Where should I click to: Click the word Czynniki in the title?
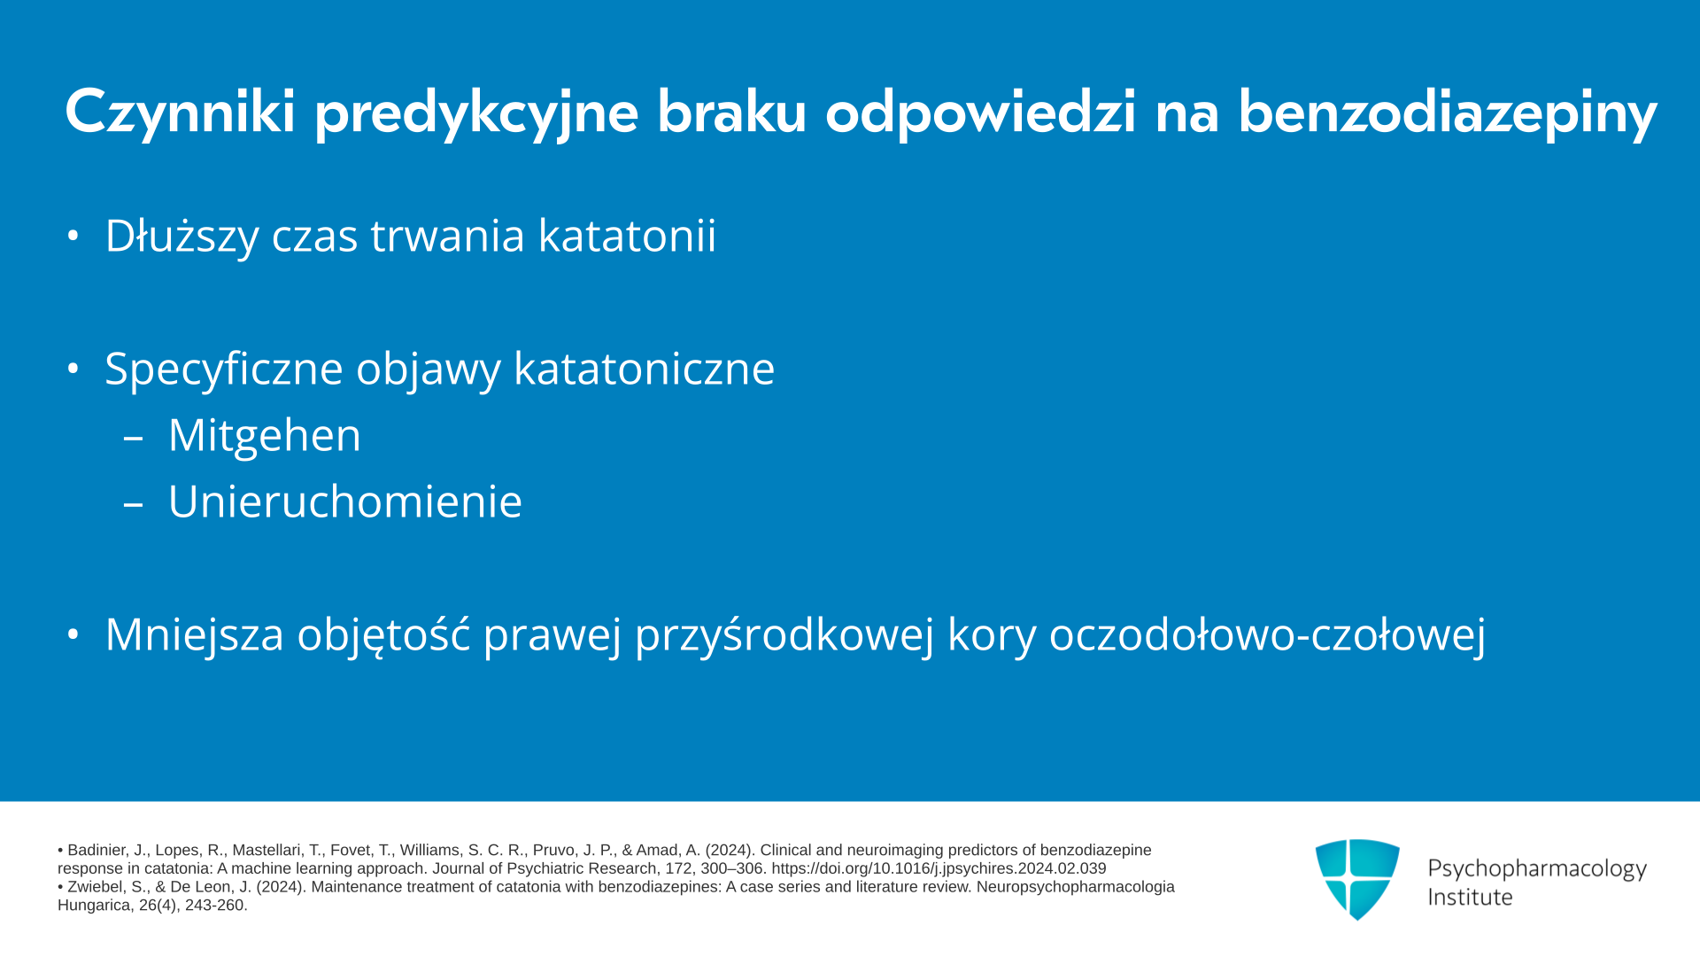click(x=180, y=113)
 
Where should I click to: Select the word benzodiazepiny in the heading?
click(x=1447, y=113)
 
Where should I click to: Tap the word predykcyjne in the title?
click(x=476, y=113)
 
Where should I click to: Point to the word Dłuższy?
click(x=182, y=236)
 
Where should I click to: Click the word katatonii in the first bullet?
click(x=627, y=236)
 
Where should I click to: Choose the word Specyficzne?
click(x=223, y=369)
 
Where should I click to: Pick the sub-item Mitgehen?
click(x=265, y=435)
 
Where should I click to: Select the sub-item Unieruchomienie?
click(x=345, y=502)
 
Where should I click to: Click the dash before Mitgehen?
click(x=134, y=438)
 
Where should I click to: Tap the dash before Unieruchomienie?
click(x=134, y=504)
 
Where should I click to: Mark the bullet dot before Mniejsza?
click(x=73, y=634)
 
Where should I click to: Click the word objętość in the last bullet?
click(x=383, y=634)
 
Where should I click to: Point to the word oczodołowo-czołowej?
click(x=1267, y=634)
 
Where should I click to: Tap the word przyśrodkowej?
click(x=784, y=634)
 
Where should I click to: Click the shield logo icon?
click(x=1357, y=879)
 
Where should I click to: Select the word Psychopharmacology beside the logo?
click(x=1537, y=869)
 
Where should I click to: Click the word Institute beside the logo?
click(x=1470, y=897)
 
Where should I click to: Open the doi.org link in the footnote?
click(x=939, y=868)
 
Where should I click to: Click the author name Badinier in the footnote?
click(x=97, y=850)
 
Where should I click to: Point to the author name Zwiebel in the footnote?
click(x=92, y=887)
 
